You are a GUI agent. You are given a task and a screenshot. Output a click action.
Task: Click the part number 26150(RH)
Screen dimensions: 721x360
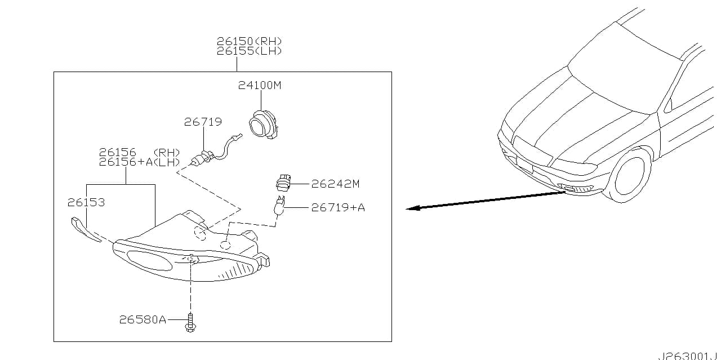click(x=249, y=41)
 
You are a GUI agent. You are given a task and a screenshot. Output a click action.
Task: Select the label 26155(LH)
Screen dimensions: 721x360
click(x=249, y=51)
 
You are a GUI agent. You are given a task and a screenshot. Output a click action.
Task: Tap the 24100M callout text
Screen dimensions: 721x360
click(x=260, y=85)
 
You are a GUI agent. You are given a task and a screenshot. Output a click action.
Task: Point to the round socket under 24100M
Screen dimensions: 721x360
click(x=263, y=125)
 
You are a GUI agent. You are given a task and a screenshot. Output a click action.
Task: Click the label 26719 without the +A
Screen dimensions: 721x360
click(x=203, y=122)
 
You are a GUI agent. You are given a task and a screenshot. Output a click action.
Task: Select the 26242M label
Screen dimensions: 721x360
click(x=335, y=184)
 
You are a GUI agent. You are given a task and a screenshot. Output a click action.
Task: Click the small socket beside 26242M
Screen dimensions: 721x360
click(x=283, y=183)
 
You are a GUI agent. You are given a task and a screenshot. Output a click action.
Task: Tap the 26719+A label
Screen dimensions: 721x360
click(x=338, y=207)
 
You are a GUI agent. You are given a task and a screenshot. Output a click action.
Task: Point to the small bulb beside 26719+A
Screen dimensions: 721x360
click(x=280, y=206)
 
